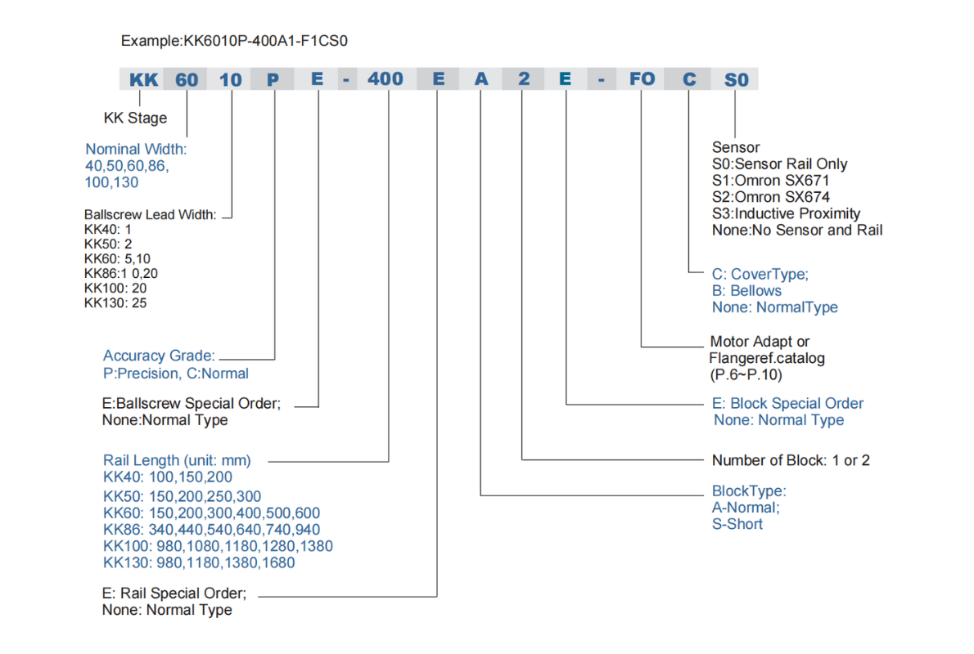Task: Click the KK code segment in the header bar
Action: click(143, 79)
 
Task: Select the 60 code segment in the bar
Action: click(187, 79)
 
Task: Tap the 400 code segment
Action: click(386, 78)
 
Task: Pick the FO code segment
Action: click(642, 78)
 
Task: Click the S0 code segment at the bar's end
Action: click(736, 79)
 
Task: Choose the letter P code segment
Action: click(273, 79)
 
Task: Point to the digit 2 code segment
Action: click(524, 78)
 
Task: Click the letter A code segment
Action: click(481, 78)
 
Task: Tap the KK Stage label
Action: click(135, 118)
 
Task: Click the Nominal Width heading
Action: click(135, 149)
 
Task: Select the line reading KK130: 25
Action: click(115, 302)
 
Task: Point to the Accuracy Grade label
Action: click(159, 356)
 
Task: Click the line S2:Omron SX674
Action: click(771, 197)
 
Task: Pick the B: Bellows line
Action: click(746, 290)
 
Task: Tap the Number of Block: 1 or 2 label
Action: click(791, 460)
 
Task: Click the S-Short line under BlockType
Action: click(737, 524)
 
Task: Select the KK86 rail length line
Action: click(211, 529)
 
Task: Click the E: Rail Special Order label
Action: click(174, 594)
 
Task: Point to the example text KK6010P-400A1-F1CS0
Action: click(265, 41)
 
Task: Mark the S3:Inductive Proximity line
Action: click(786, 213)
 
